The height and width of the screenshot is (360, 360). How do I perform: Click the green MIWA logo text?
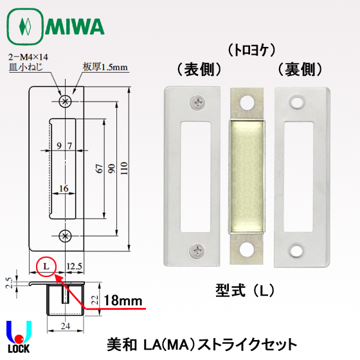point(75,26)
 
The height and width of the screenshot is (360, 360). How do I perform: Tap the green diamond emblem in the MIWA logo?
point(25,26)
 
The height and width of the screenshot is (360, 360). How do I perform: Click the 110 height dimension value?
point(124,168)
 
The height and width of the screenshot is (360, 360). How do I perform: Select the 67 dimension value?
point(99,168)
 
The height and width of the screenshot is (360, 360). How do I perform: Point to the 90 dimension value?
point(112,168)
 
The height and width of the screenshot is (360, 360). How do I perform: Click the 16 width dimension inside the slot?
point(64,188)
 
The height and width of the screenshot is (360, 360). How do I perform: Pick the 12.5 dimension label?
point(74,266)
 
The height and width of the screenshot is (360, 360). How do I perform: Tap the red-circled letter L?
point(46,266)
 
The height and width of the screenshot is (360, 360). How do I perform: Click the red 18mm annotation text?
point(123,301)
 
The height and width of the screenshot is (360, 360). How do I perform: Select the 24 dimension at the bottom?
point(66,326)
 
